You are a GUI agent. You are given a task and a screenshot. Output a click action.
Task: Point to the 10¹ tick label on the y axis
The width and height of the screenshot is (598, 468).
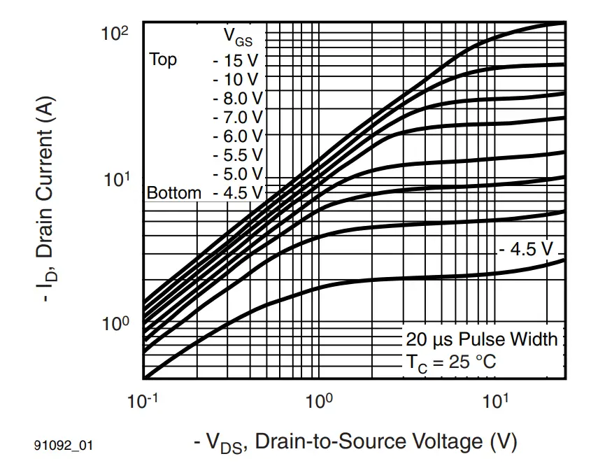(116, 180)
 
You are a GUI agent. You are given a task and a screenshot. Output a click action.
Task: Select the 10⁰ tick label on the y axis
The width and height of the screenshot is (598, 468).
(116, 325)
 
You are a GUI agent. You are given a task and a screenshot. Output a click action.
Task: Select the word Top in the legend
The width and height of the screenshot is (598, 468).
(163, 59)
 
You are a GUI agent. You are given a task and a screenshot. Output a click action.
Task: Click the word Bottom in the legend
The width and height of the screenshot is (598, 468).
(174, 192)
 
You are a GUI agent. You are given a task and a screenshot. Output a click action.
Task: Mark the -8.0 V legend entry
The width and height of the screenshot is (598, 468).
(238, 98)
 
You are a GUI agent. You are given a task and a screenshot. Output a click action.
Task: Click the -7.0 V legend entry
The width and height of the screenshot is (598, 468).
(238, 117)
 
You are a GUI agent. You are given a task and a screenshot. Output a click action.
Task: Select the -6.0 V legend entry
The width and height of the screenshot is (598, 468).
(238, 136)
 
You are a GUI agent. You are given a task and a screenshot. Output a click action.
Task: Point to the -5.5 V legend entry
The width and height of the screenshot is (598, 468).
(238, 155)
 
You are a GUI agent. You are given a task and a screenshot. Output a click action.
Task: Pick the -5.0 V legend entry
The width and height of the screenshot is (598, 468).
(238, 173)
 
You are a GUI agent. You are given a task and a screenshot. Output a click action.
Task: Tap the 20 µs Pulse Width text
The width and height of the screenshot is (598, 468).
(482, 340)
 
